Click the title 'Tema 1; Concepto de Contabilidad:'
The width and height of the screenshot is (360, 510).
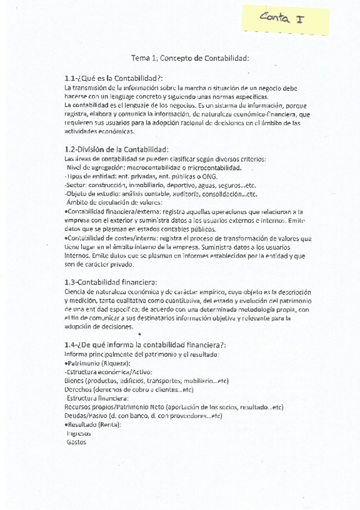pyautogui.click(x=190, y=58)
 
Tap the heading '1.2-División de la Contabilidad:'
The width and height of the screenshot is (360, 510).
pyautogui.click(x=117, y=149)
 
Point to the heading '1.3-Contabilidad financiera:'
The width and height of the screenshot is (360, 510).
pyautogui.click(x=111, y=282)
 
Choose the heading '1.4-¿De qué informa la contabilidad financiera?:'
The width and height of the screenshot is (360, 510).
pyautogui.click(x=145, y=344)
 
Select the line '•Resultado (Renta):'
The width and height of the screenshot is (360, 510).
pyautogui.click(x=92, y=425)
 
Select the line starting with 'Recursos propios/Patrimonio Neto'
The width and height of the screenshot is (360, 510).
pyautogui.click(x=173, y=407)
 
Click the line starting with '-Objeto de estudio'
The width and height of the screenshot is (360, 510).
pyautogui.click(x=160, y=194)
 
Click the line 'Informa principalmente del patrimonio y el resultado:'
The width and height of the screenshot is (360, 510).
pyautogui.click(x=141, y=354)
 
